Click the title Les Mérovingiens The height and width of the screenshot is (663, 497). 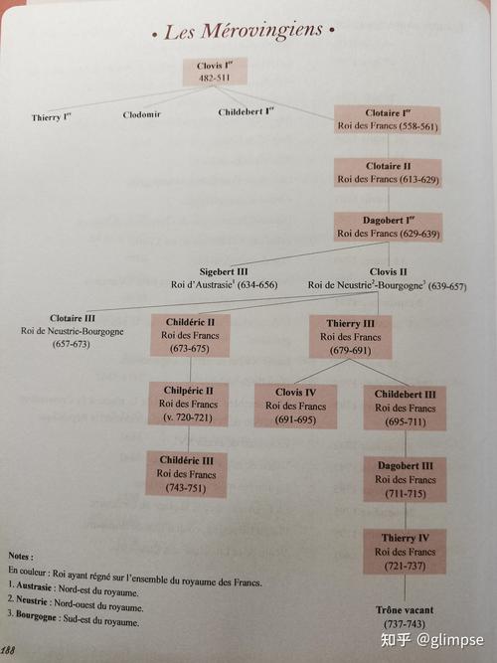(x=244, y=31)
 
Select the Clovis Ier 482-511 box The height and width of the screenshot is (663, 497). (x=215, y=72)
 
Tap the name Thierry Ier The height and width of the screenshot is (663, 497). (x=51, y=117)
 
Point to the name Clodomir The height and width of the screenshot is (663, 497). (x=142, y=114)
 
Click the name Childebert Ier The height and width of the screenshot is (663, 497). (x=246, y=112)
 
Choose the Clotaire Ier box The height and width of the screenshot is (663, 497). (x=388, y=119)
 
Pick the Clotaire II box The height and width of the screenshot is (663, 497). (x=388, y=173)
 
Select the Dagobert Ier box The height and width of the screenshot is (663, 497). (x=389, y=227)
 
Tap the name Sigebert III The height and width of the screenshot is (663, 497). (x=224, y=271)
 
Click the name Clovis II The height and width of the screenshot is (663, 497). (x=389, y=271)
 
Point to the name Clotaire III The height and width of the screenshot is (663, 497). (x=73, y=318)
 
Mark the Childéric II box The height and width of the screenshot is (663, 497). (x=190, y=335)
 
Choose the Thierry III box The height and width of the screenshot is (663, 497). (x=350, y=337)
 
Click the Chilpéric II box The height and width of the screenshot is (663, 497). (x=188, y=404)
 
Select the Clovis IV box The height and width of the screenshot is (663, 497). (x=295, y=406)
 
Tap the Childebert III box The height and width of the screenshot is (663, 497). (x=405, y=408)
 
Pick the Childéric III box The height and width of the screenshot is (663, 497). (x=186, y=474)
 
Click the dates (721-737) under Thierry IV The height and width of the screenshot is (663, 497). (x=405, y=566)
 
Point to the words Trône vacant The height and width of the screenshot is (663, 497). (x=405, y=610)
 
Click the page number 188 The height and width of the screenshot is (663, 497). (x=7, y=650)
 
